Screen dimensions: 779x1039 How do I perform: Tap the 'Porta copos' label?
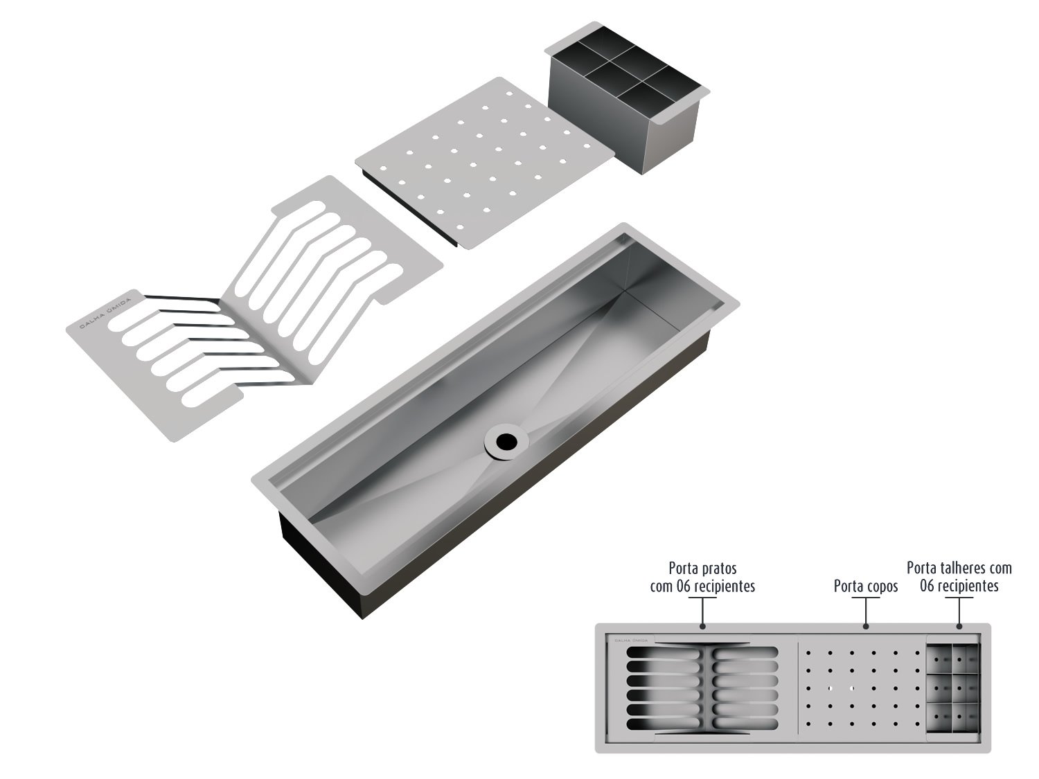point(866,587)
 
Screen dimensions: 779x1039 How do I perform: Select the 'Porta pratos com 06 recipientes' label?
point(702,577)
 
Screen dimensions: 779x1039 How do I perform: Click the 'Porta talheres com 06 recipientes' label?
point(959,576)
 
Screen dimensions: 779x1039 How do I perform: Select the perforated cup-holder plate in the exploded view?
point(485,163)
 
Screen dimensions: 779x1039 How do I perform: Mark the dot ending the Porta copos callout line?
point(866,627)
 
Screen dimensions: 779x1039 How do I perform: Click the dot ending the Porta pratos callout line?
point(702,627)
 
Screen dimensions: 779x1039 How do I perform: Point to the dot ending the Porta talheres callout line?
point(959,627)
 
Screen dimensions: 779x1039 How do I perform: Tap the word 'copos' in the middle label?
point(880,587)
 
